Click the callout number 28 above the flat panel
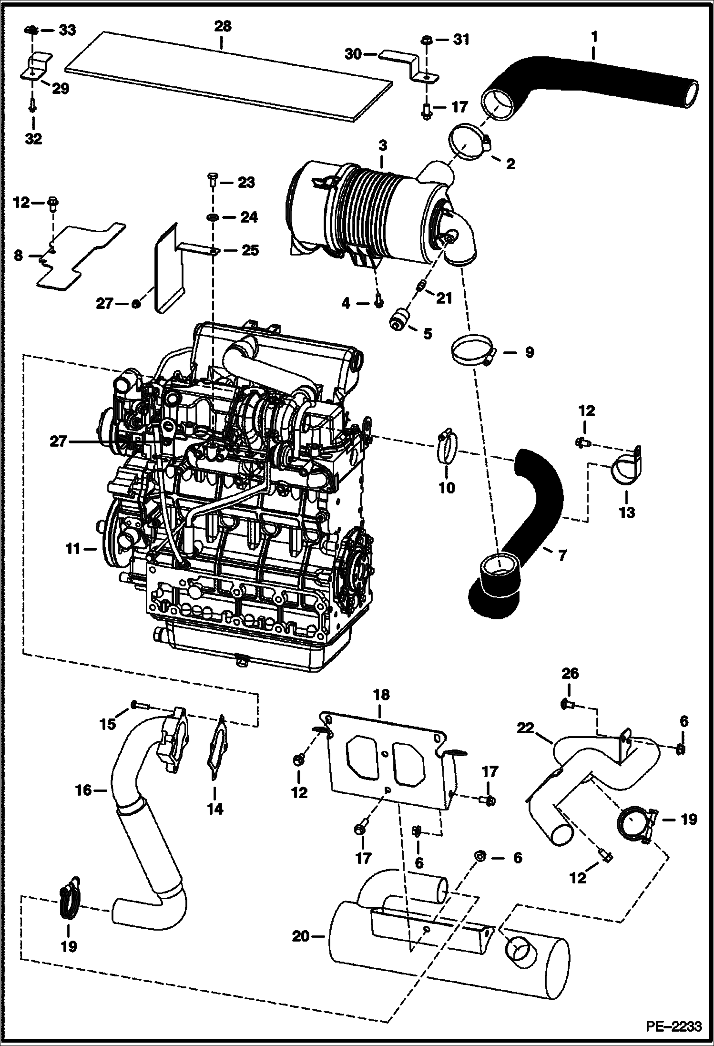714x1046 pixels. pyautogui.click(x=222, y=27)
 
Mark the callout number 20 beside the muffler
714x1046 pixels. pyautogui.click(x=301, y=936)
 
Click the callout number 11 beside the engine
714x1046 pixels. pyautogui.click(x=72, y=549)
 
